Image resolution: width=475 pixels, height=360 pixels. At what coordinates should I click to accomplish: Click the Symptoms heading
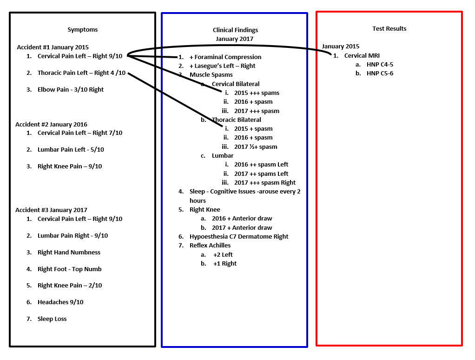tap(82, 30)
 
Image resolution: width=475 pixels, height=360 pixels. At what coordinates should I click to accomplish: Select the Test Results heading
tap(389, 28)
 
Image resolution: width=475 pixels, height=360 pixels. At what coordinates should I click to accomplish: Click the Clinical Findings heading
tap(235, 30)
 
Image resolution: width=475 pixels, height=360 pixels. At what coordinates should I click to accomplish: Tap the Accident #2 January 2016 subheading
tap(51, 124)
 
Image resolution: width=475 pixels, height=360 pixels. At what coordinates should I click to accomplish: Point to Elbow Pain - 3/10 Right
tap(71, 89)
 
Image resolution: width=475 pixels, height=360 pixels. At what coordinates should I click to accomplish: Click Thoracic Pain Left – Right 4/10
tap(81, 73)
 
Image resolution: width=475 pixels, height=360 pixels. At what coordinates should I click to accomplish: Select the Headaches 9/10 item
tap(60, 302)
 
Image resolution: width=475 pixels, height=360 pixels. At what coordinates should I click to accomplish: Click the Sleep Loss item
tap(52, 319)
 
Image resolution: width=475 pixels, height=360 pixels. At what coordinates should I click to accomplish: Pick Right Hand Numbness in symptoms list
tap(69, 252)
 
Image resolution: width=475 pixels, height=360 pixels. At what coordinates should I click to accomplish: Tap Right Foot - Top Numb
tap(69, 269)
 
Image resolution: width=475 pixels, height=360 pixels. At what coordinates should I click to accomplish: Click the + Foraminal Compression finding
tap(225, 57)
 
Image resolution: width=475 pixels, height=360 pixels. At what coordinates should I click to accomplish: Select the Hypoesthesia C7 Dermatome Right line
tap(239, 236)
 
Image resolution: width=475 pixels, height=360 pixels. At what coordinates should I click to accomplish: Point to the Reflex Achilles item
tap(210, 245)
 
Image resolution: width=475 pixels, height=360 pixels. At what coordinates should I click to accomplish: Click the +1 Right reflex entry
tap(225, 264)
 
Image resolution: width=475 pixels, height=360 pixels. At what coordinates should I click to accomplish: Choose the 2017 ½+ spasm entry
tap(256, 147)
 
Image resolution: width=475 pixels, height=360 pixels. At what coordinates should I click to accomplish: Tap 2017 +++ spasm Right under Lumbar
tap(265, 182)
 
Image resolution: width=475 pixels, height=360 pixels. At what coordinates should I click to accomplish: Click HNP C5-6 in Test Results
tap(380, 73)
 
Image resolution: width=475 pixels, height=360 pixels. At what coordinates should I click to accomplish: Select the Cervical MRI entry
tap(362, 55)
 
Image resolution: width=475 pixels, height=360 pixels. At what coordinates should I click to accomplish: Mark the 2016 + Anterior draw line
tap(242, 218)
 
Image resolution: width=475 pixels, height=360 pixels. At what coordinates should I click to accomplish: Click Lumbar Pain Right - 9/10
tap(73, 235)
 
